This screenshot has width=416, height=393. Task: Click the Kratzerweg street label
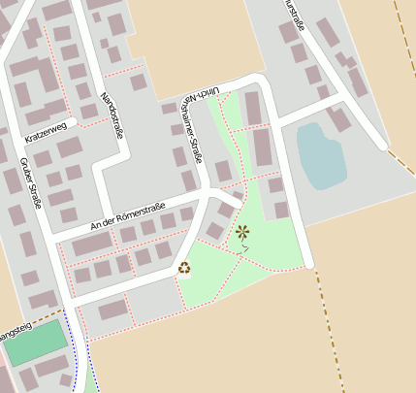pyautogui.click(x=48, y=132)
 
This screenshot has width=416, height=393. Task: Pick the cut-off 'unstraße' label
pyautogui.click(x=296, y=16)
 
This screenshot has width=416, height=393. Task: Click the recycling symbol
pyautogui.click(x=184, y=268)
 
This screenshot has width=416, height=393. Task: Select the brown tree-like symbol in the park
pyautogui.click(x=242, y=232)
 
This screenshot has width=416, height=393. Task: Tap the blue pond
pyautogui.click(x=321, y=155)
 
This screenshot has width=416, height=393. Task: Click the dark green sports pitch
pyautogui.click(x=38, y=343)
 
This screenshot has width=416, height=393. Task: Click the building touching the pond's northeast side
pyautogui.click(x=341, y=120)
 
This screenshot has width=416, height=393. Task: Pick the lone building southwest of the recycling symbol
pyautogui.click(x=113, y=310)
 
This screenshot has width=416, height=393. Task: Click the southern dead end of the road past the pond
pyautogui.click(x=308, y=263)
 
